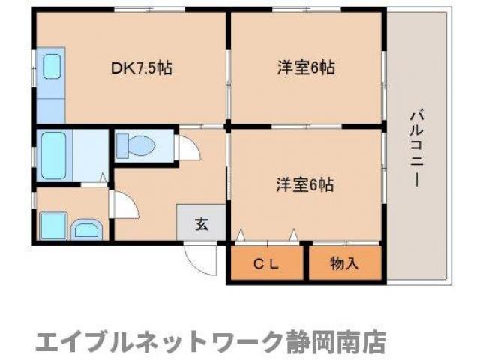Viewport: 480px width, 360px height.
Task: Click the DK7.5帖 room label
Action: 142,68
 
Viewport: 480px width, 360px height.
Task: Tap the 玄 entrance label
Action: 202,223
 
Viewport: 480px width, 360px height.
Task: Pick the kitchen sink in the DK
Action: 51,67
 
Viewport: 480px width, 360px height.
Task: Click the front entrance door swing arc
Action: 200,259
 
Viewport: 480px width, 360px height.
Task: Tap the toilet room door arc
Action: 187,148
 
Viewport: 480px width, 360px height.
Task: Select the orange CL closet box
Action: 267,262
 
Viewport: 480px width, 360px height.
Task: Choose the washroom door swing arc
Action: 121,205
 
